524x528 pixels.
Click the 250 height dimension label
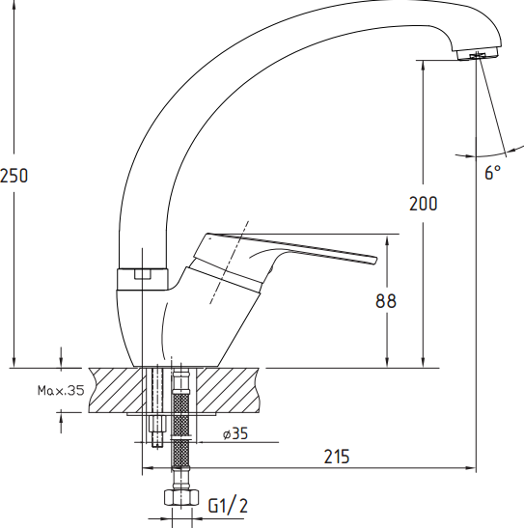(x=14, y=176)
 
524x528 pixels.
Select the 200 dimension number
(x=423, y=204)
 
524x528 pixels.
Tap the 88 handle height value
(x=386, y=301)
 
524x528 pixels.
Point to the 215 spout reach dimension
(x=337, y=457)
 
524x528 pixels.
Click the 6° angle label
(x=493, y=173)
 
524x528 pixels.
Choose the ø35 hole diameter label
(x=235, y=433)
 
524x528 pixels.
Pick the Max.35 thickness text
(x=61, y=391)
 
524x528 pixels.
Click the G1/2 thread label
(x=228, y=506)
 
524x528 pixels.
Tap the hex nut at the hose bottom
(x=181, y=497)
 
